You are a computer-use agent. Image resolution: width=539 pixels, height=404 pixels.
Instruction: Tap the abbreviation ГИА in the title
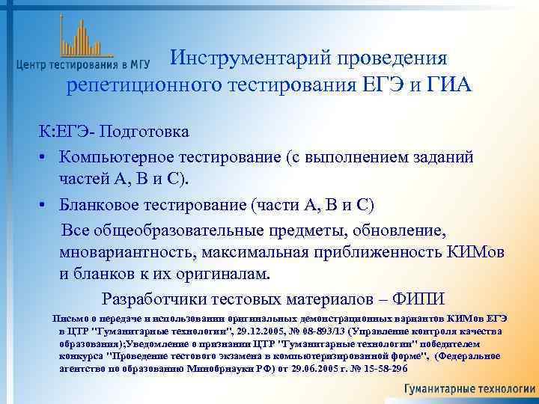tap(451, 85)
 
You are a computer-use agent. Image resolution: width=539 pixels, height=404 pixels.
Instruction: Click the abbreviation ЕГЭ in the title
tap(381, 85)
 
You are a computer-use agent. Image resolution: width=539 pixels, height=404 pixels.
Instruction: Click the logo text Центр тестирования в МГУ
tap(83, 65)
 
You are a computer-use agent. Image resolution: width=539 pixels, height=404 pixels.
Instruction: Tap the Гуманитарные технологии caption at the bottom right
tap(469, 389)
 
